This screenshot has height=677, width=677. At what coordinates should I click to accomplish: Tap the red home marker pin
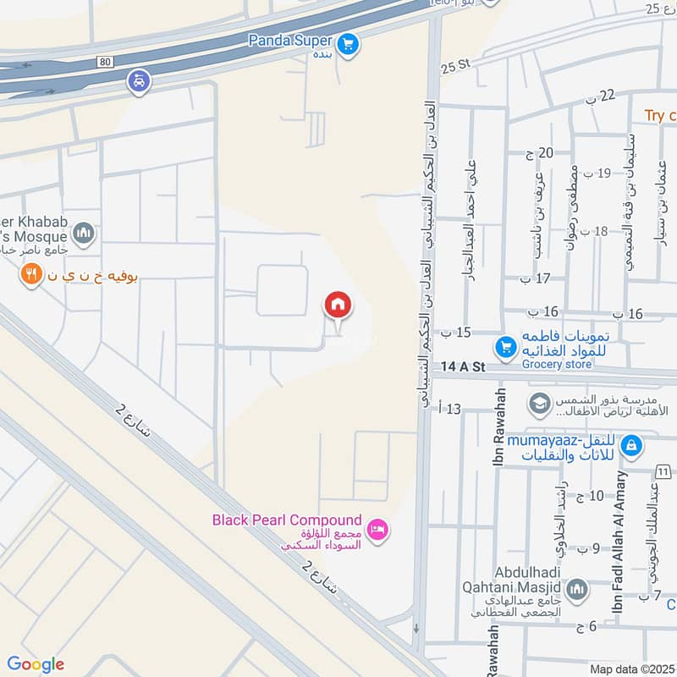338,305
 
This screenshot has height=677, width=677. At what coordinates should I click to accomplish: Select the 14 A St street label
462,369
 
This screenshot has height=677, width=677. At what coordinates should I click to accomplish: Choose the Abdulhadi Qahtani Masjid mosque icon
577,590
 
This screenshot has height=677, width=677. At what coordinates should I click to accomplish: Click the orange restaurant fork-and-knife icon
31,274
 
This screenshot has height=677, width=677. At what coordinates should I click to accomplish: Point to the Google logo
36,664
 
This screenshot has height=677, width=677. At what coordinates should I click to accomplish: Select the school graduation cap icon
537,404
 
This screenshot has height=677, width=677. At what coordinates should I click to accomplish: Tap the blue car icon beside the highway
138,82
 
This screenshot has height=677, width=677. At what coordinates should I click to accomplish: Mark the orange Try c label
660,115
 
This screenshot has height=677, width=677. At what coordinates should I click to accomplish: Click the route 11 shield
662,471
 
